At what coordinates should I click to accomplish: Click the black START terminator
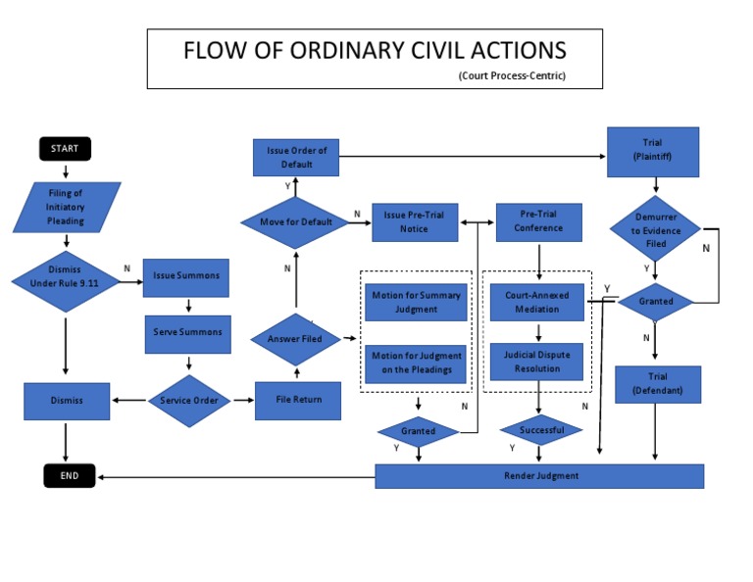65,149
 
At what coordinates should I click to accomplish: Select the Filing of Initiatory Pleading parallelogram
67,208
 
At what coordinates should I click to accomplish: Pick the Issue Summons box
186,276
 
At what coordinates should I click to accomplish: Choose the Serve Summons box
187,332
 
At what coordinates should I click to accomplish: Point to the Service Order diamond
188,400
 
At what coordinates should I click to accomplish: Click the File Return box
297,400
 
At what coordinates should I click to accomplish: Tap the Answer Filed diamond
295,340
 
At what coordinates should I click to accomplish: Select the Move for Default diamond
295,222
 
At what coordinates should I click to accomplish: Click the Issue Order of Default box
296,158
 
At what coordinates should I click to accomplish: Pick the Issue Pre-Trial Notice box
414,222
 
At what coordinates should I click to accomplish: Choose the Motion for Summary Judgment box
417,302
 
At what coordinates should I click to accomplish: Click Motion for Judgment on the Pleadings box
417,363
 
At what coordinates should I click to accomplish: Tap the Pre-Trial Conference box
538,222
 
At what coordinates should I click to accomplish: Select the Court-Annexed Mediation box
538,302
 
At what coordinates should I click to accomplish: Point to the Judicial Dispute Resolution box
537,362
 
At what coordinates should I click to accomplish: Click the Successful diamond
540,430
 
